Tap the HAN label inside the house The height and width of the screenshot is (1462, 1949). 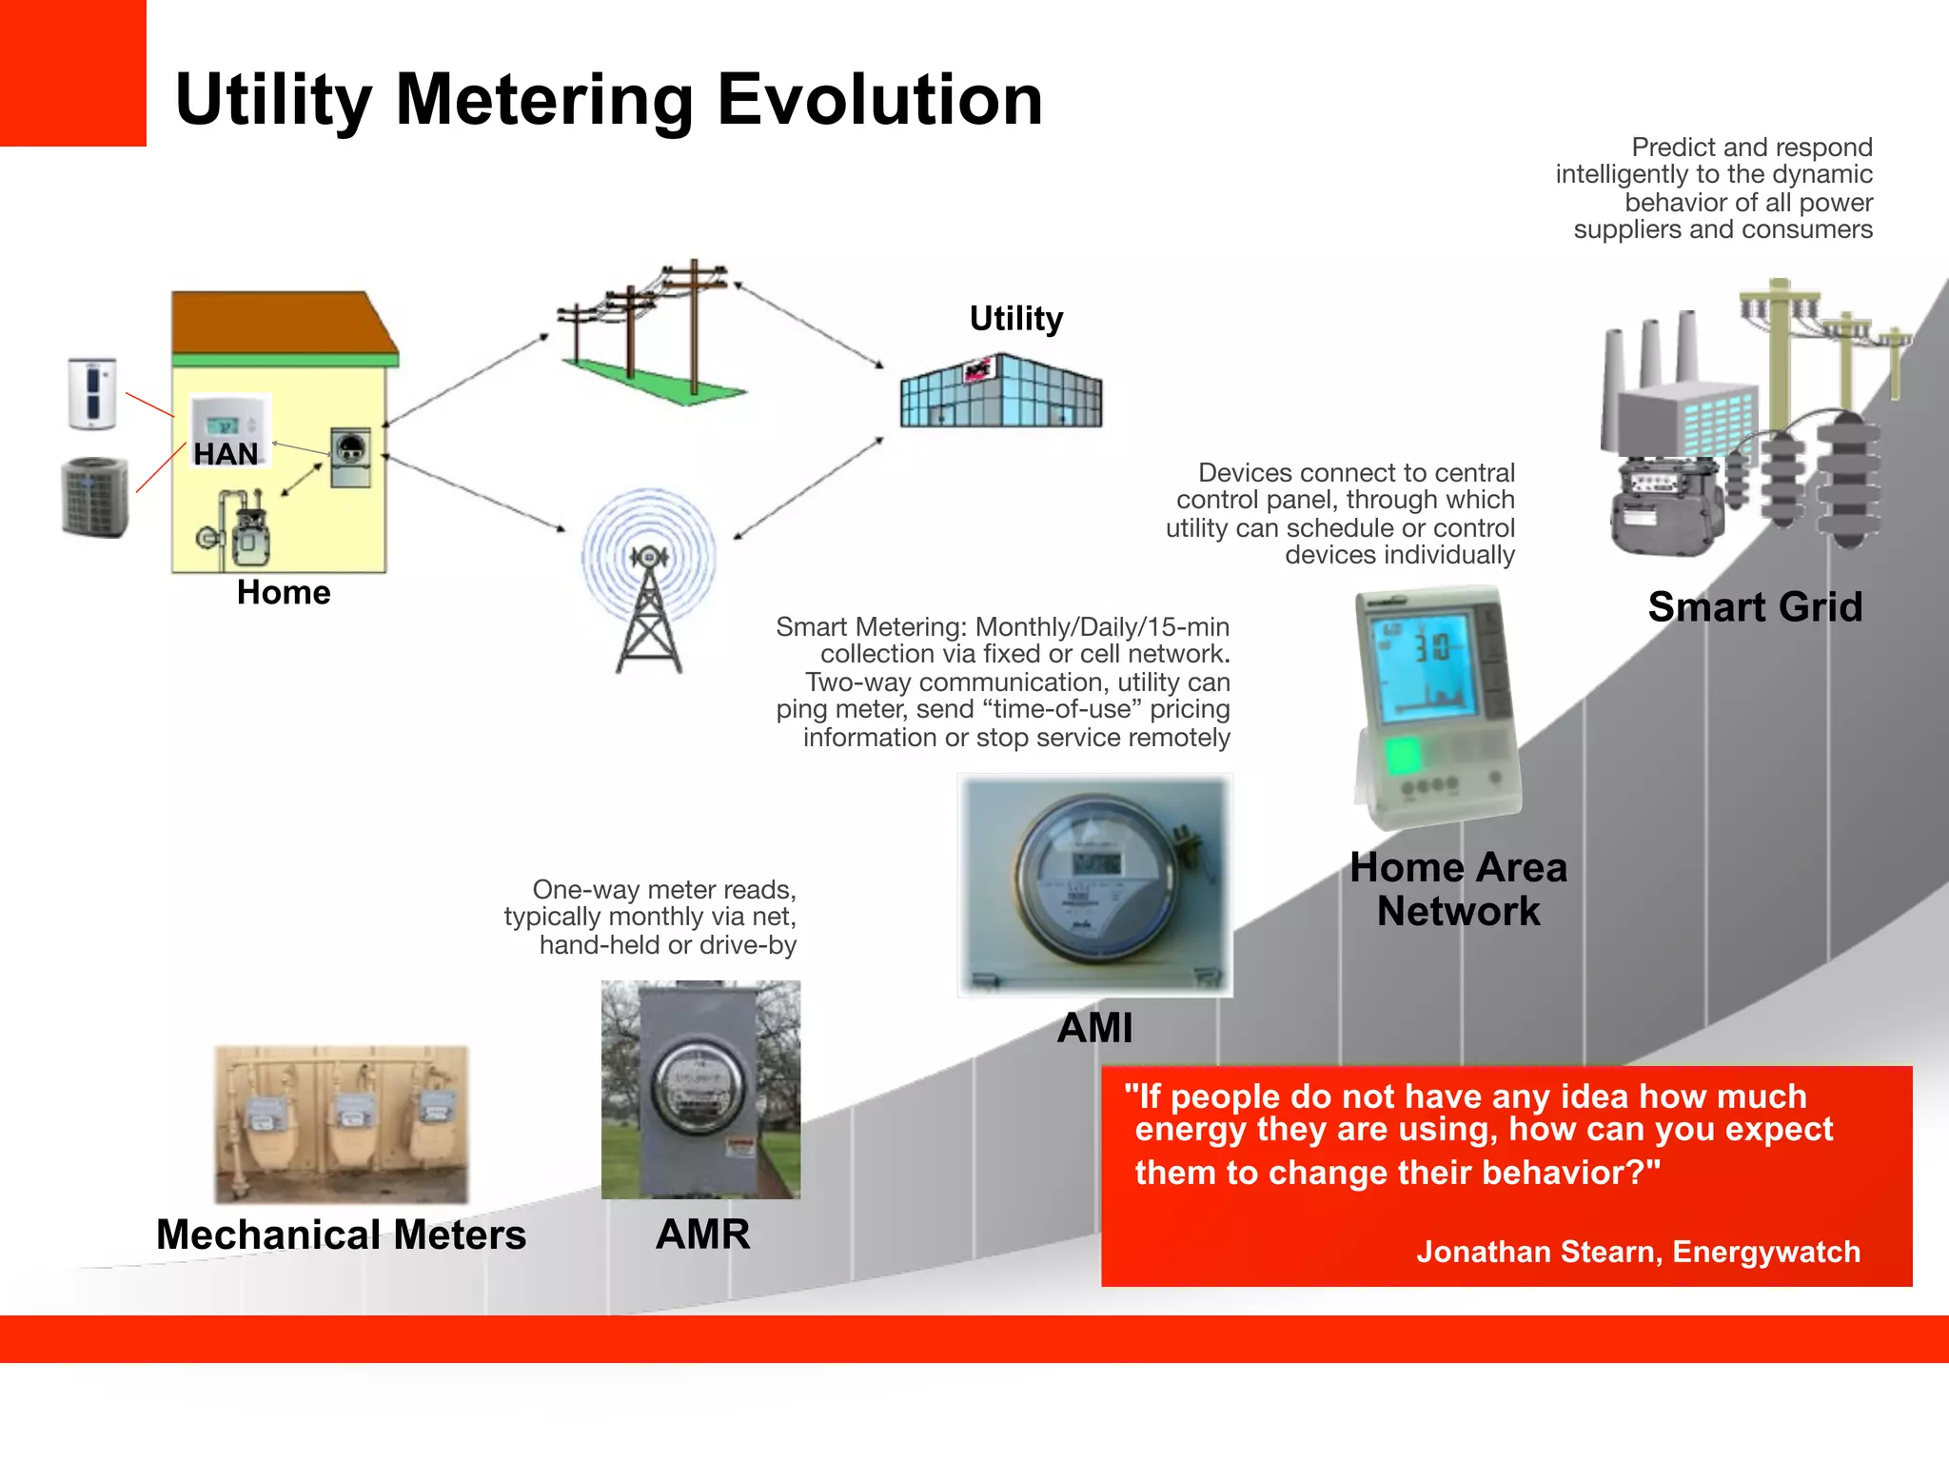[226, 453]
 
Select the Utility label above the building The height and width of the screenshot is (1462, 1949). [1015, 318]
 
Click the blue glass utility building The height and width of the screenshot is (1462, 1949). [1000, 392]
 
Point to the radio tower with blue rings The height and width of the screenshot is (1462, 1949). [649, 581]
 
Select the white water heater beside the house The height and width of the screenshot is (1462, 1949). [93, 393]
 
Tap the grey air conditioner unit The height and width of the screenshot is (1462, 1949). [94, 498]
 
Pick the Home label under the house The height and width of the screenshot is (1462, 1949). [284, 592]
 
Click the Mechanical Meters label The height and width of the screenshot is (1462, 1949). [341, 1235]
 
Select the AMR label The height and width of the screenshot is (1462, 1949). [702, 1235]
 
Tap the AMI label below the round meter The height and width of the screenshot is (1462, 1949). [1094, 1028]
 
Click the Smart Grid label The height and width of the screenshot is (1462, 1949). [1754, 606]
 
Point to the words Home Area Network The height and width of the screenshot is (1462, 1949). [1457, 889]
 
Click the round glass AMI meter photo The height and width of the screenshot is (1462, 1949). [1094, 885]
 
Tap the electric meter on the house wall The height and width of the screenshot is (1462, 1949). [350, 457]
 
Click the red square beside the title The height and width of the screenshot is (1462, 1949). [72, 72]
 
